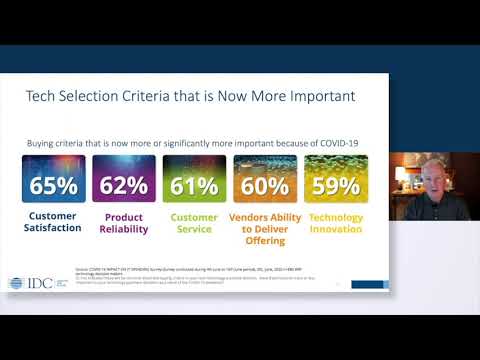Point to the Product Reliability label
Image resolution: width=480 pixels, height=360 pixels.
point(124,222)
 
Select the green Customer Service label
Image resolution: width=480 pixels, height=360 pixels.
point(194,222)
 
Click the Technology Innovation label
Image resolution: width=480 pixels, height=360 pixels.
point(336,222)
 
